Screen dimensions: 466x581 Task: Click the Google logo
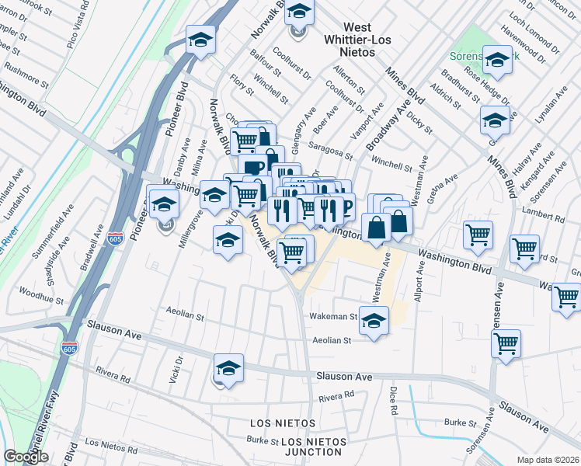pos(26,457)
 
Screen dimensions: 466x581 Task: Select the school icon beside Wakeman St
pos(374,322)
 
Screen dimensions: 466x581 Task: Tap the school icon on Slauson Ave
pos(228,367)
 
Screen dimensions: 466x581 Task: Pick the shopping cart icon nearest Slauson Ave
pos(506,343)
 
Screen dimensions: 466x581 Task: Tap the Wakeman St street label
pos(332,317)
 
